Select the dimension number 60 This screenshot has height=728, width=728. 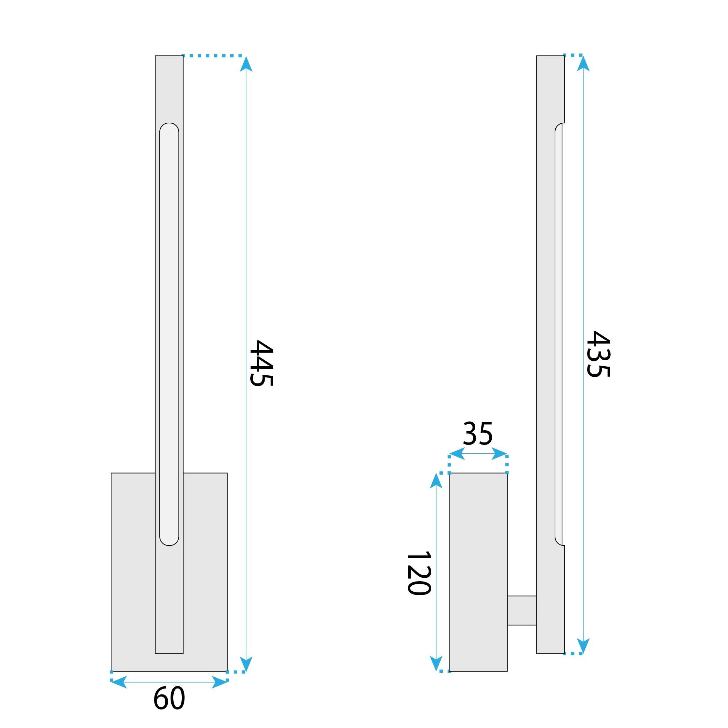tap(169, 698)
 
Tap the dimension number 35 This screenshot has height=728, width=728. tap(477, 434)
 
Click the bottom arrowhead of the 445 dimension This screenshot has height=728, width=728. tap(246, 664)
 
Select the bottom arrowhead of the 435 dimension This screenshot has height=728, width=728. tap(583, 646)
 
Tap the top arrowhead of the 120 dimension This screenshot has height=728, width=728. tap(436, 481)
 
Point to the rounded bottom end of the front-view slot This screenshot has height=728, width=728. tap(169, 540)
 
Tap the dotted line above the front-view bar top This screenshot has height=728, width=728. tap(213, 56)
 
